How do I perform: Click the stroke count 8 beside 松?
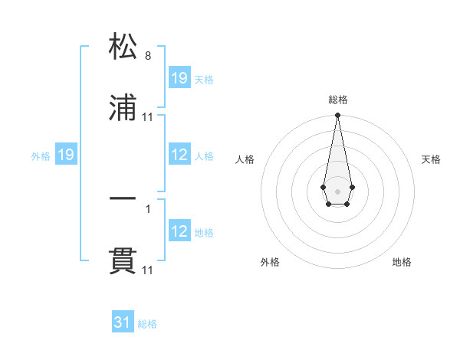click(x=147, y=56)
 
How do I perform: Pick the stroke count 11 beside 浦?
click(x=148, y=117)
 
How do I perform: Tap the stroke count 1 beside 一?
click(x=147, y=207)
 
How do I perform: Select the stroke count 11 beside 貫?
click(x=148, y=270)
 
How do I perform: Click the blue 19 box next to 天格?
click(x=179, y=77)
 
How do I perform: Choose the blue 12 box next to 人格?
click(x=179, y=155)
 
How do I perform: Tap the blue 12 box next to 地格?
click(x=179, y=232)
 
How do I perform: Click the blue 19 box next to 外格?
click(x=66, y=155)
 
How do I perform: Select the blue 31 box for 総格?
click(x=123, y=323)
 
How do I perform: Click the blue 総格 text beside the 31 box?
click(x=147, y=324)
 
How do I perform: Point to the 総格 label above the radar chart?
click(x=338, y=100)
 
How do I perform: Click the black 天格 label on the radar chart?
click(x=431, y=159)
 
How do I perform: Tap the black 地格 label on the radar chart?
click(x=402, y=262)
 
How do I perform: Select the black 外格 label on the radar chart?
click(x=270, y=262)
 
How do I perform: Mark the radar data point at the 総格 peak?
click(x=337, y=116)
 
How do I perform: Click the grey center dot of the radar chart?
click(x=337, y=190)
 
